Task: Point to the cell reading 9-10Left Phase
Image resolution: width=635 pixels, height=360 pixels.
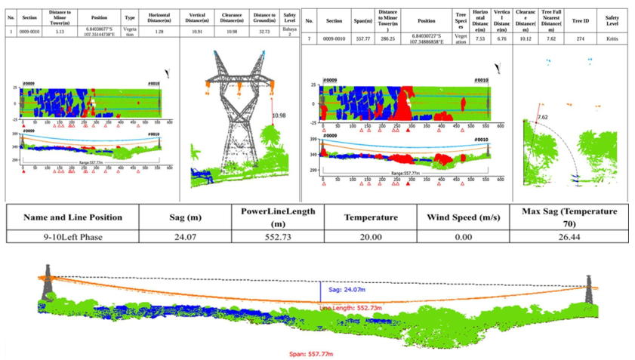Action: coord(72,235)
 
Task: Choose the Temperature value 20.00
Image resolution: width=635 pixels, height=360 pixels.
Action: coord(370,235)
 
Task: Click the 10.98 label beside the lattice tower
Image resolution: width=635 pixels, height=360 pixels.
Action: coord(279,115)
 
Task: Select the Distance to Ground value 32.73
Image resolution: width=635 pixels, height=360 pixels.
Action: coord(264,31)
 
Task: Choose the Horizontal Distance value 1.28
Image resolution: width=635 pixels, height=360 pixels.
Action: coord(159,31)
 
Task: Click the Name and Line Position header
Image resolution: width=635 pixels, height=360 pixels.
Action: coord(72,217)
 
